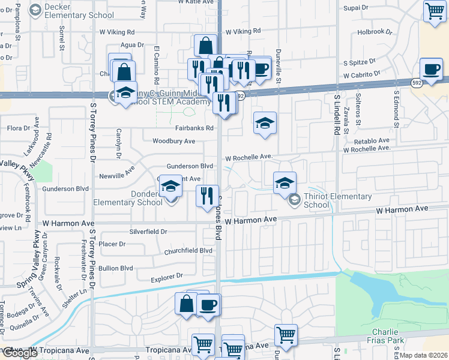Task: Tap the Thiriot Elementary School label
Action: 337,200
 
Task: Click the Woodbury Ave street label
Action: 173,141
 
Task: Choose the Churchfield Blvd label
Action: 188,250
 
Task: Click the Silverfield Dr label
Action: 148,231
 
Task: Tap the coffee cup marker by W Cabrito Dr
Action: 431,70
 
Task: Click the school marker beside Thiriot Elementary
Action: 285,183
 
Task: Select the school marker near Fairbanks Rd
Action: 265,123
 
